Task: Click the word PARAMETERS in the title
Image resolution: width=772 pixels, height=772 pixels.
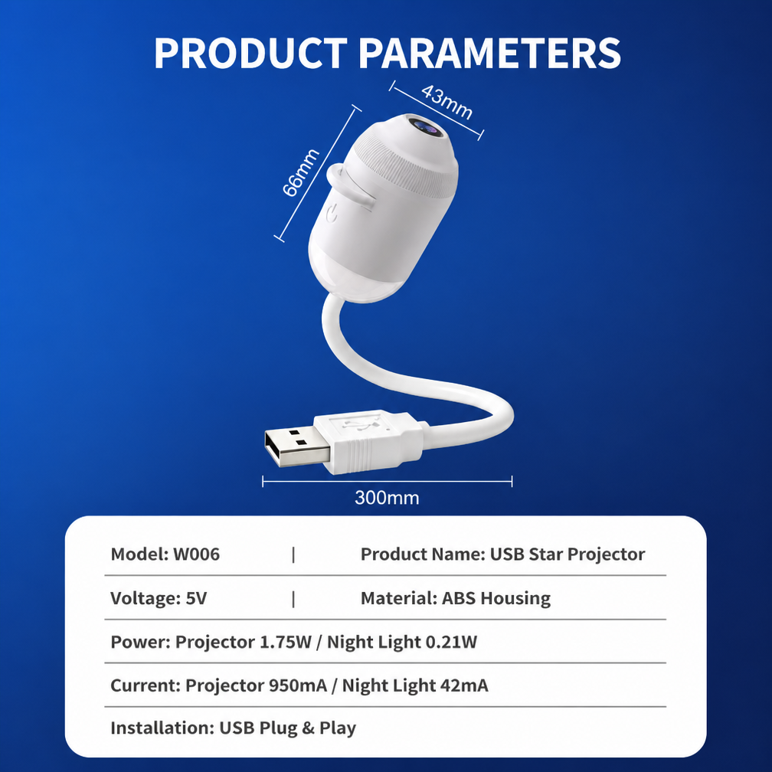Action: point(489,53)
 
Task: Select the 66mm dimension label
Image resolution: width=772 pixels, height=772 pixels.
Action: point(301,172)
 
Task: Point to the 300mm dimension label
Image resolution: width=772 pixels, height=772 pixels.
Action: point(387,498)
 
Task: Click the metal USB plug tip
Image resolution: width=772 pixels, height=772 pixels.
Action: point(296,447)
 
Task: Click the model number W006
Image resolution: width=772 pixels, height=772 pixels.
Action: point(196,554)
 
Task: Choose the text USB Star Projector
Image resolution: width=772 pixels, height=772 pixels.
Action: point(568,554)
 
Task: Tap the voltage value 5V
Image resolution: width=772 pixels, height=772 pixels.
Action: point(196,598)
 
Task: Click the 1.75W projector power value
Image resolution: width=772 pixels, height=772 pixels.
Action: point(286,642)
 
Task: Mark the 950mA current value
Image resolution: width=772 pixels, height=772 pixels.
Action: point(298,685)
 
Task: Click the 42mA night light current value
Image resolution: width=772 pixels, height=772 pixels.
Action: point(464,685)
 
